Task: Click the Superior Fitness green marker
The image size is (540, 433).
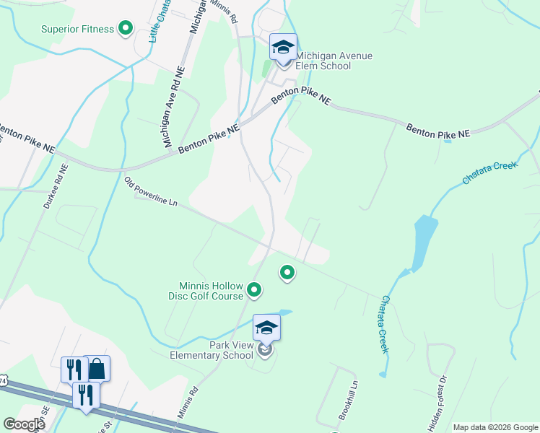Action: coord(126,29)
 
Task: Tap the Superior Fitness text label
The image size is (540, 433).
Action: coord(77,29)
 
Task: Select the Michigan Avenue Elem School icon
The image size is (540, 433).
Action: coord(282,48)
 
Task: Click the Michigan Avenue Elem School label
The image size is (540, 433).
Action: coord(323,60)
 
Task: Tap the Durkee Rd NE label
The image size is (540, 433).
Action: coord(55,186)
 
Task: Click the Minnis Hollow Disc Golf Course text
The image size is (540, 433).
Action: coord(208,290)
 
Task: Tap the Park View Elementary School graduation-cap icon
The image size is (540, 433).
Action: coord(266,328)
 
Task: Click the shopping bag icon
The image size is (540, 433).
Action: coord(97,368)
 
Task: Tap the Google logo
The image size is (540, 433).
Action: coord(24,424)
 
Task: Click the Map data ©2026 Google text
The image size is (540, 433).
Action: coord(495,427)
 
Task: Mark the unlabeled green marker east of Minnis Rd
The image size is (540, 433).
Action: coord(287,272)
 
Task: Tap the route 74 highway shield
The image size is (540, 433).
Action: coord(3,380)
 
